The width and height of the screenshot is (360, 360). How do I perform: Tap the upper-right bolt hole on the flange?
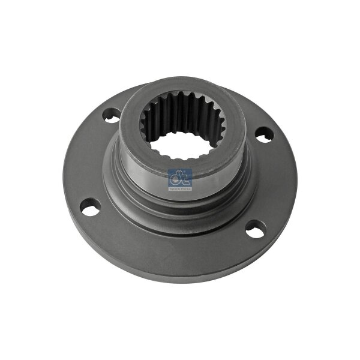click(x=262, y=134)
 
